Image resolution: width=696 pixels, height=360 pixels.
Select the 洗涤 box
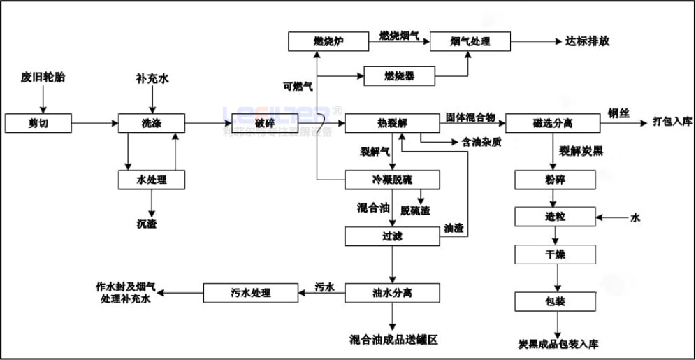(152, 124)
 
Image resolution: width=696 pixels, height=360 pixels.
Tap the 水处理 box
(152, 180)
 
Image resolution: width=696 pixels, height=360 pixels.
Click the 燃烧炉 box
(328, 41)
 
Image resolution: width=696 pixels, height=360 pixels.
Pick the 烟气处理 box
(470, 41)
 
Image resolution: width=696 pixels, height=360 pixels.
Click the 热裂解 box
(392, 124)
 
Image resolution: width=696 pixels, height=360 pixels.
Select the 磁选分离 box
(552, 124)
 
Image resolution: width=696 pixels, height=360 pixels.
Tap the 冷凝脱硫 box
(392, 180)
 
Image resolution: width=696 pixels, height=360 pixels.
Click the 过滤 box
(392, 236)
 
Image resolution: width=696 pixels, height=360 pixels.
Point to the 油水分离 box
(392, 292)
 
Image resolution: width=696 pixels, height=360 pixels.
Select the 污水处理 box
(249, 292)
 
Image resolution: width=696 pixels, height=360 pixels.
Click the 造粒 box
(555, 217)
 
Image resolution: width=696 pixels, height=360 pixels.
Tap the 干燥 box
(555, 254)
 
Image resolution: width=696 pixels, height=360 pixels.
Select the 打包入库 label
(672, 122)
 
